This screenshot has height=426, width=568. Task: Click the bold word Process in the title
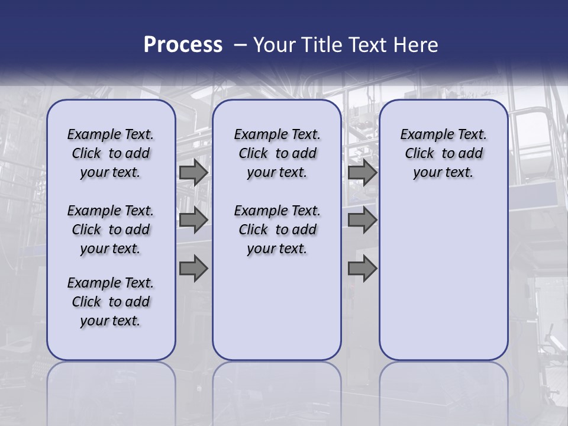(183, 44)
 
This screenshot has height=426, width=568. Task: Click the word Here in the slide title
(417, 45)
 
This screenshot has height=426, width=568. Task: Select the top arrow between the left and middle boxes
(193, 173)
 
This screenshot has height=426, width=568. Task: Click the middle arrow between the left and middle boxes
(193, 220)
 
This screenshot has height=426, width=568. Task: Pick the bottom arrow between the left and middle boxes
(193, 269)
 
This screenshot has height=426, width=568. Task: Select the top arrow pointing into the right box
(362, 173)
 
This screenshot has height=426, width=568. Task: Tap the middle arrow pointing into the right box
(362, 220)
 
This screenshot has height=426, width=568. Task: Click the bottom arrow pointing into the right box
(362, 269)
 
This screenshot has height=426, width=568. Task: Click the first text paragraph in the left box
(111, 153)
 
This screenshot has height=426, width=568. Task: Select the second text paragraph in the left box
(111, 230)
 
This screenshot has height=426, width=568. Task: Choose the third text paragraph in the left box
(111, 302)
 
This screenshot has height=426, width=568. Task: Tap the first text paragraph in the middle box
(277, 153)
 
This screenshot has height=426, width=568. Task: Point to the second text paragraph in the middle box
(277, 230)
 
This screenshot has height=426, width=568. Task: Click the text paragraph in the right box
(443, 153)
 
